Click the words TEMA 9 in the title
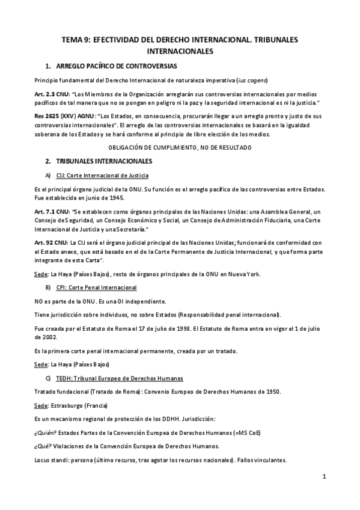(76, 40)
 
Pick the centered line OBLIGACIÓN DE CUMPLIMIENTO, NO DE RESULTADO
(180, 147)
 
